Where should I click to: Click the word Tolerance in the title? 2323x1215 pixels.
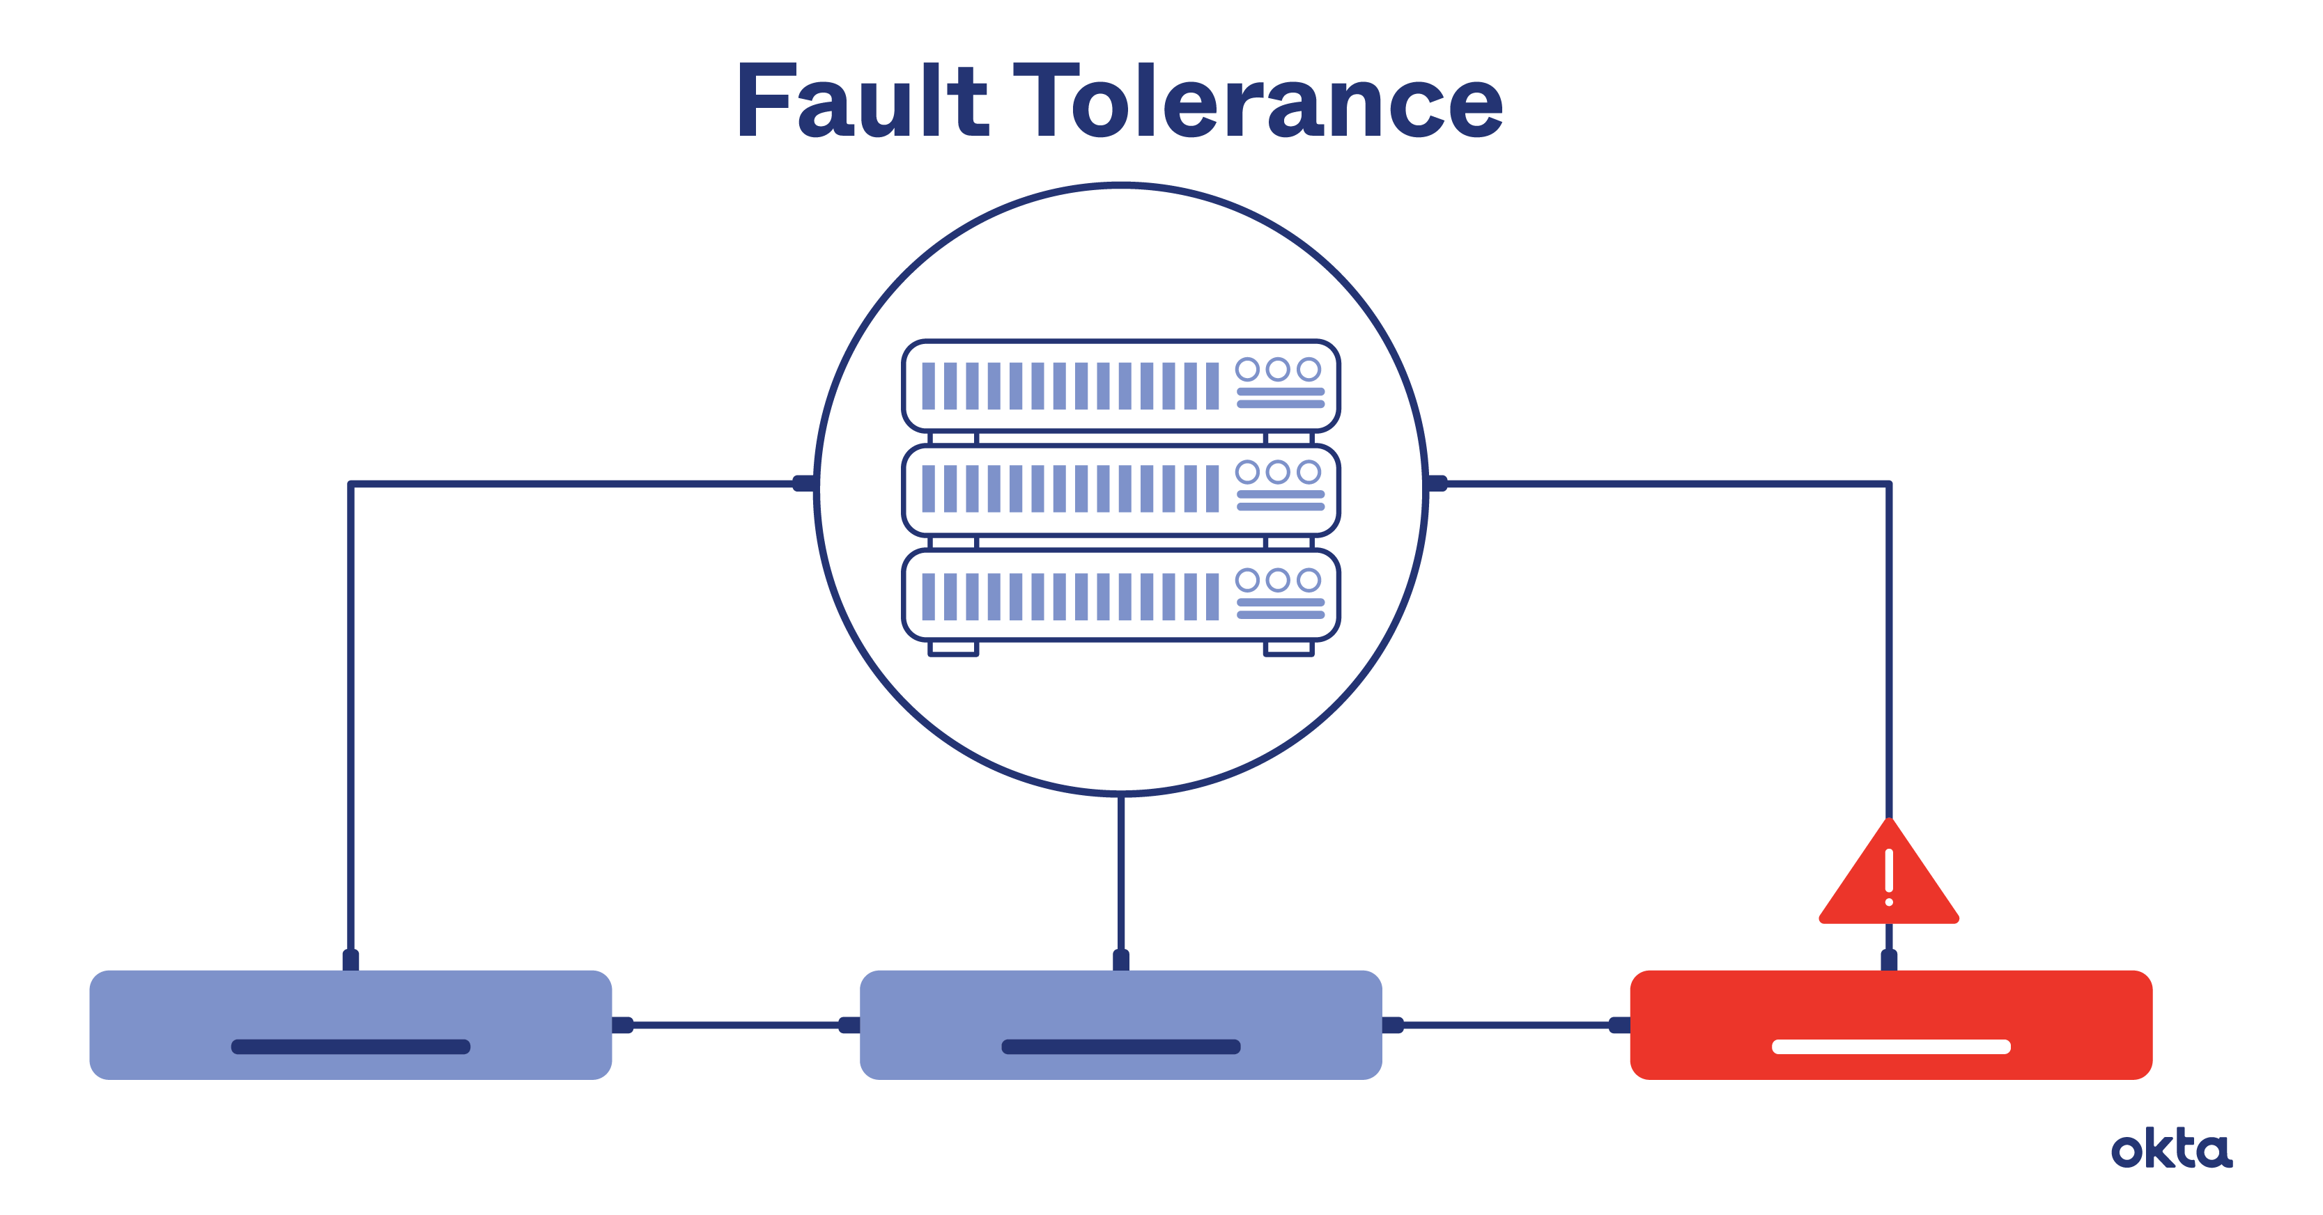(x=1258, y=101)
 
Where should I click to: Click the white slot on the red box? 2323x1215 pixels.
(x=1890, y=1047)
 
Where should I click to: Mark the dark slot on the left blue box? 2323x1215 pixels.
(x=350, y=1047)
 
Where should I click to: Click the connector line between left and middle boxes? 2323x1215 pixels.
(x=735, y=1025)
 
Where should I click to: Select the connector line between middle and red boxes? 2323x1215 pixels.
(x=1506, y=1025)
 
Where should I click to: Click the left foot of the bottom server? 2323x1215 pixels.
(x=953, y=648)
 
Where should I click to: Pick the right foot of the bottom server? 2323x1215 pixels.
(x=1288, y=648)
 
